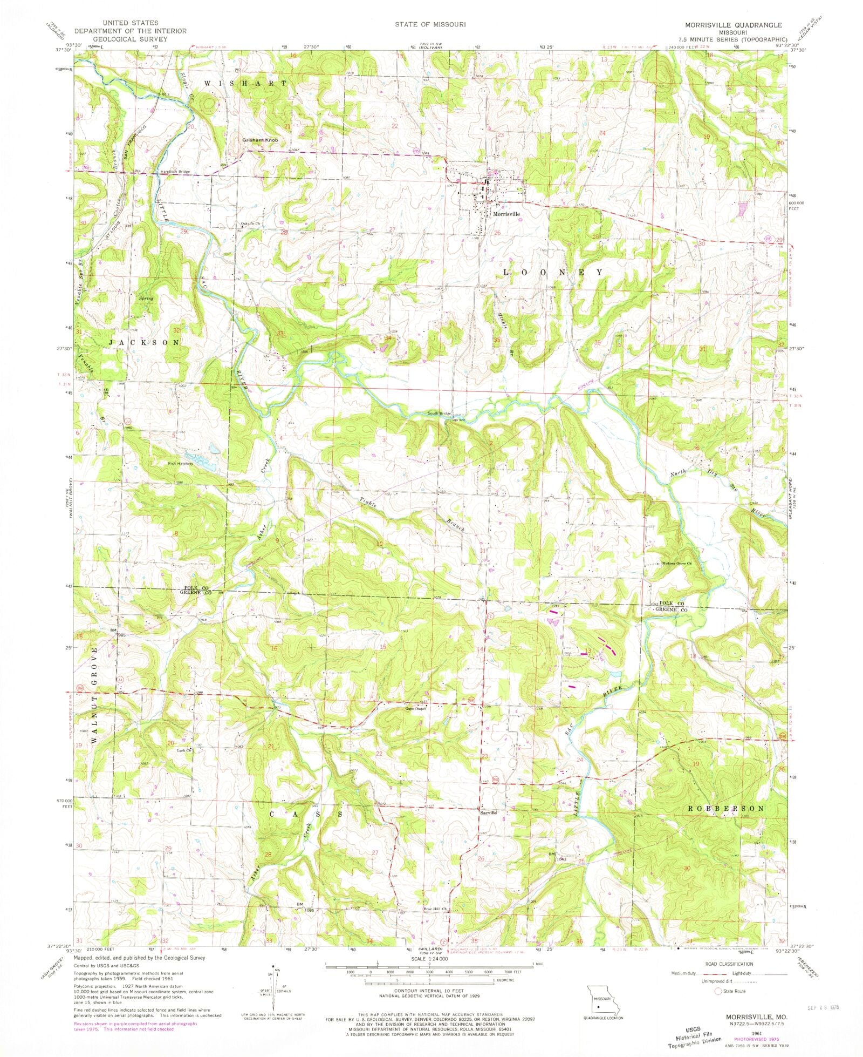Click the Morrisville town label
[x=506, y=214]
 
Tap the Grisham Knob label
[x=260, y=140]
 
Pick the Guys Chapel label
[x=416, y=708]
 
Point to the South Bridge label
[x=439, y=414]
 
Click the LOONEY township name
[x=553, y=273]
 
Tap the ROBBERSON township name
[x=727, y=808]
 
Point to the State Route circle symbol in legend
[x=718, y=991]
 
